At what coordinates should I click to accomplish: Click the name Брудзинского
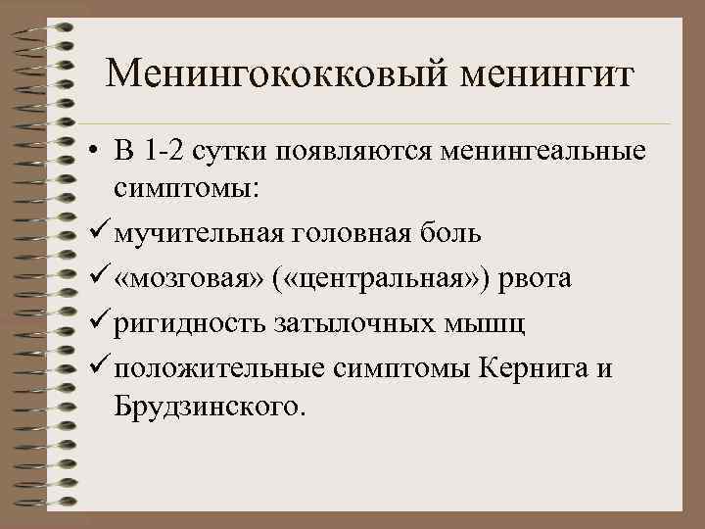pyautogui.click(x=210, y=405)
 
